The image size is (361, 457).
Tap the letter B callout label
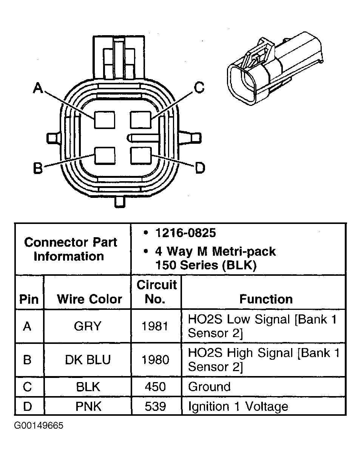click(x=38, y=168)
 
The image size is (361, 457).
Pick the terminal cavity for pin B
click(x=104, y=156)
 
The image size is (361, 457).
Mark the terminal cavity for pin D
click(x=140, y=155)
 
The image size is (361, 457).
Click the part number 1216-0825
click(x=185, y=233)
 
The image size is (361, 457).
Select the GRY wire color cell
click(x=88, y=326)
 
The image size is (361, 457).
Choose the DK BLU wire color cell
click(x=88, y=359)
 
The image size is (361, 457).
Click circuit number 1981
click(x=155, y=326)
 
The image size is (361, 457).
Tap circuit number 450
click(x=155, y=387)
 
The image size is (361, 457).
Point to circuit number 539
click(x=155, y=406)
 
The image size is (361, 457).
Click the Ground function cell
click(x=209, y=387)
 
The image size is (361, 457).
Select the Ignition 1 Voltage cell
click(x=238, y=406)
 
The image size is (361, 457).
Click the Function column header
click(x=266, y=299)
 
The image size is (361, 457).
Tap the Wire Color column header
click(x=89, y=299)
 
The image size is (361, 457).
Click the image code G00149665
click(x=39, y=426)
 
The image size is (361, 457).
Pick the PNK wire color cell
click(x=88, y=406)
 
